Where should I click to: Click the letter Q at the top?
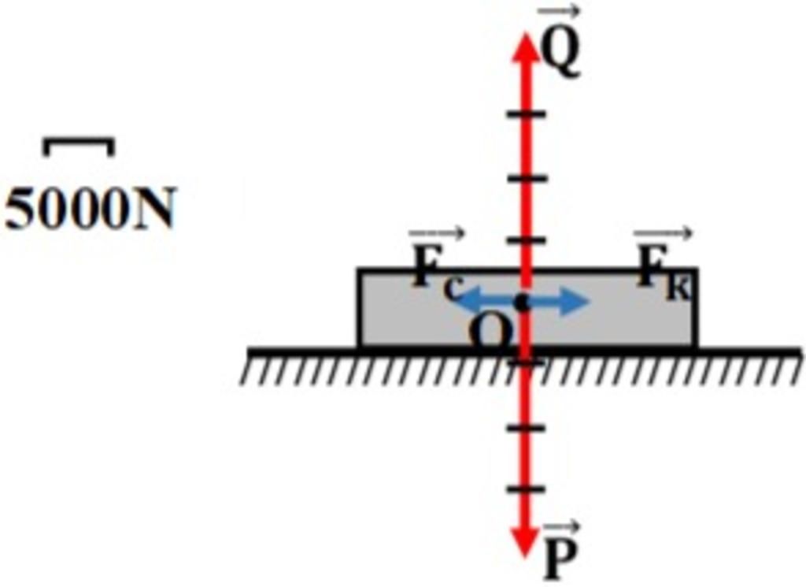[x=560, y=56]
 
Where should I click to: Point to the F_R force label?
[x=664, y=273]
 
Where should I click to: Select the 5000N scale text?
[x=91, y=208]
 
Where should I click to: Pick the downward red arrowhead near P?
[x=523, y=541]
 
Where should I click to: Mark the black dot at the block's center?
[x=523, y=303]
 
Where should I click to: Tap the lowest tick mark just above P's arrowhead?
[x=525, y=489]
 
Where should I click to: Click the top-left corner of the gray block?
[x=359, y=269]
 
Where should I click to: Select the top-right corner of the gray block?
[x=696, y=269]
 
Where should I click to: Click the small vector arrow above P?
[x=561, y=527]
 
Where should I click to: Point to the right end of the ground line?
[x=800, y=351]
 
